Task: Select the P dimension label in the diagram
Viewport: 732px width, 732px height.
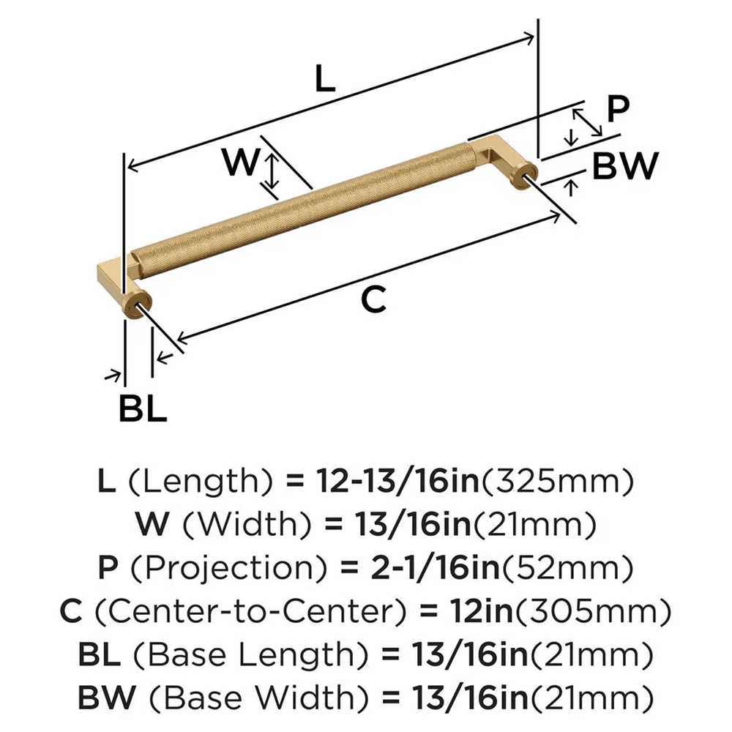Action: pyautogui.click(x=618, y=110)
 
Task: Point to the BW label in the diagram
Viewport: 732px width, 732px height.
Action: pyautogui.click(x=625, y=167)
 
